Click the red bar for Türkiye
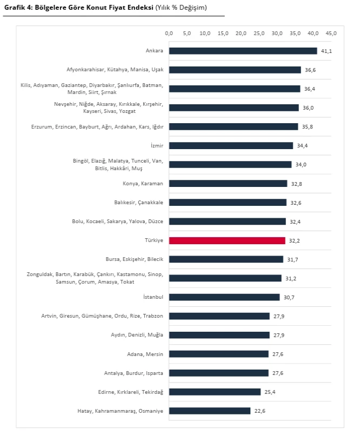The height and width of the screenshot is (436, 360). pos(227,240)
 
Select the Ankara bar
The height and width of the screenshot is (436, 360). pos(243,51)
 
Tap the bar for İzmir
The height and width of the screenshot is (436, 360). pos(231,145)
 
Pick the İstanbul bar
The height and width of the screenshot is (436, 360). pos(224,297)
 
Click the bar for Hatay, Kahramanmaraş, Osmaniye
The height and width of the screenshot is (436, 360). pos(210,411)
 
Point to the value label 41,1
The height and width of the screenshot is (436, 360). pos(326,51)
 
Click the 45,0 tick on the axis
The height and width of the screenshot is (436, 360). pos(331,33)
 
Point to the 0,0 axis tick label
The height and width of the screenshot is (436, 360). pos(169,33)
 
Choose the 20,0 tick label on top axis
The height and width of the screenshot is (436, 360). pos(241,33)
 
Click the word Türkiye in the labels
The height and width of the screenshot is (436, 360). pos(154,240)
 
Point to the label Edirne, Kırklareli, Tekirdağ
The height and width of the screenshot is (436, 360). pos(129,392)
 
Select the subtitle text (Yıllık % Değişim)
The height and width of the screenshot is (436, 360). pos(181,8)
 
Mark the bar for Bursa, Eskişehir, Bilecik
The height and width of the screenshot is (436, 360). pos(226,259)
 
